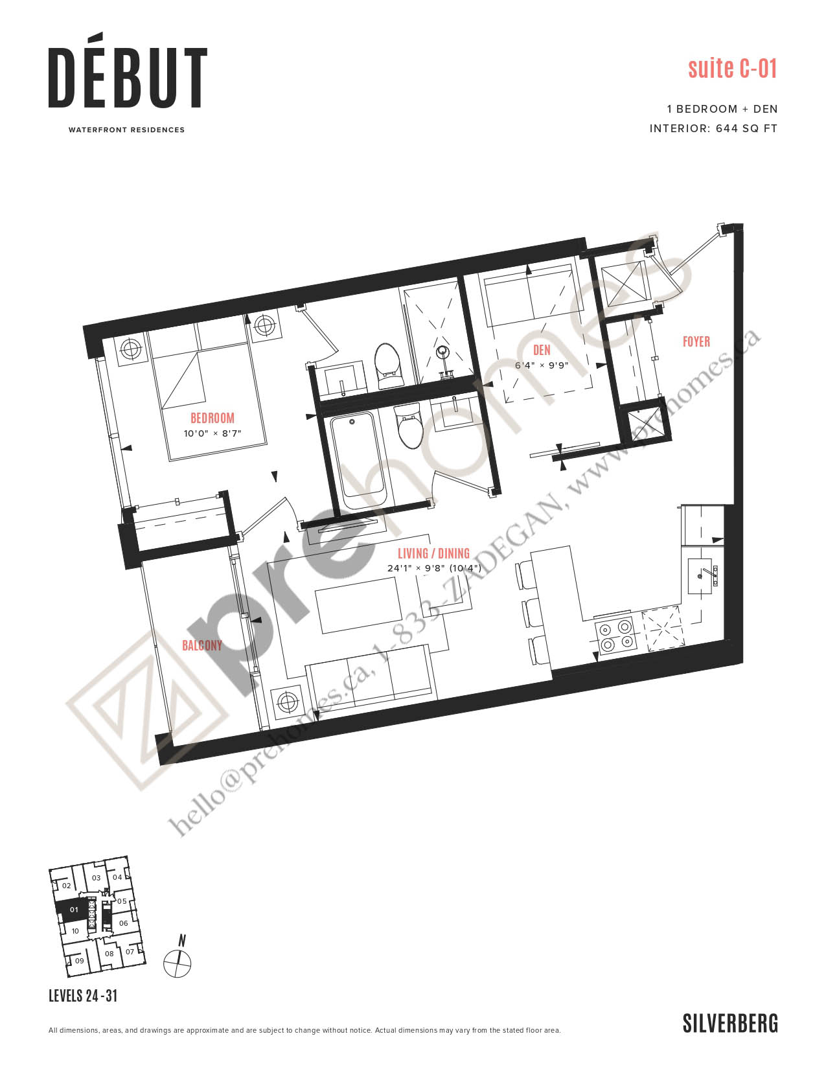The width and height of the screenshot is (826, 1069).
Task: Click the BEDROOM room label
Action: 212,418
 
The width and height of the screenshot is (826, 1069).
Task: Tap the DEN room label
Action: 542,351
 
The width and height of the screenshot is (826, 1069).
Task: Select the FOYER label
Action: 696,341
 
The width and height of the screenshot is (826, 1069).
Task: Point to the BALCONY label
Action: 201,645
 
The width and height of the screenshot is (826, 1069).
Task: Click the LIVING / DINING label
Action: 433,553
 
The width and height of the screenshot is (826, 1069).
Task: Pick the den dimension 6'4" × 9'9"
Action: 542,365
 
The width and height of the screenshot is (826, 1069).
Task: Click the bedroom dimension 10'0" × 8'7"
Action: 212,433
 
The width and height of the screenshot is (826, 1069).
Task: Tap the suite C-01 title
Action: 732,69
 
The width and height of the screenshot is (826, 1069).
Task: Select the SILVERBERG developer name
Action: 730,1023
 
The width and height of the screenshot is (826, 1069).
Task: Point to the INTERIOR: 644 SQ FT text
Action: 713,128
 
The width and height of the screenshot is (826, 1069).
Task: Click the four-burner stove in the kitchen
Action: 616,636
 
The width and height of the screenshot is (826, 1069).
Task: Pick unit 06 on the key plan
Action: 124,923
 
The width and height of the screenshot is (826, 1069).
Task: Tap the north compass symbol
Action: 177,962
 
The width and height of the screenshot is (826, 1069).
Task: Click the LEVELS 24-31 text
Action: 83,996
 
